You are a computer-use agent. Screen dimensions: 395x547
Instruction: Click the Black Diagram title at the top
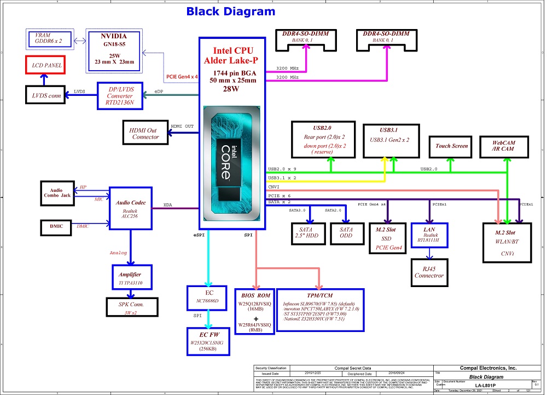click(x=231, y=12)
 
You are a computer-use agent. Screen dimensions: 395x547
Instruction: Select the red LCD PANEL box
click(x=46, y=65)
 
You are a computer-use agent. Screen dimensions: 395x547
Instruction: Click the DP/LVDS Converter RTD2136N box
click(x=123, y=95)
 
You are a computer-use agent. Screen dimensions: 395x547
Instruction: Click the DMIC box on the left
click(x=57, y=225)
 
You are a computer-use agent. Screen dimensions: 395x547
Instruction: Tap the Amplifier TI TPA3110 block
click(x=130, y=278)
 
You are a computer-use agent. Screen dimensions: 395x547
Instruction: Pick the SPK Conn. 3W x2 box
click(x=131, y=308)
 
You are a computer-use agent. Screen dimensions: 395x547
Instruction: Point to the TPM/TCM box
click(x=321, y=310)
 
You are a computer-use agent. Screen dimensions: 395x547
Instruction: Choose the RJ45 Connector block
click(x=429, y=272)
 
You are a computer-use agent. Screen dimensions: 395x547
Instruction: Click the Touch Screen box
click(x=451, y=146)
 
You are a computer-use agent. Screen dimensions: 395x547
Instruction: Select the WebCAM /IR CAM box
click(x=503, y=146)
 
